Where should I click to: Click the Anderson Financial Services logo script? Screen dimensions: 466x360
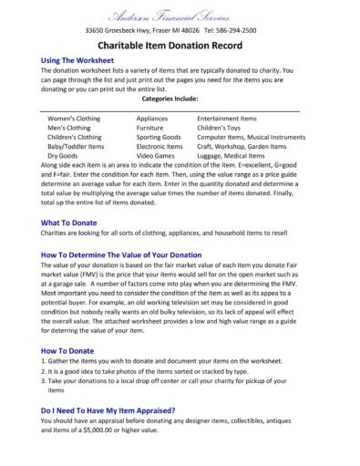pos(180,14)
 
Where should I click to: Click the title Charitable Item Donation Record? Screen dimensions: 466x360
pos(180,47)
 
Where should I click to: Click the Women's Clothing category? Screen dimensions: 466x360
pos(75,119)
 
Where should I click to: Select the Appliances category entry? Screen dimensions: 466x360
pos(152,119)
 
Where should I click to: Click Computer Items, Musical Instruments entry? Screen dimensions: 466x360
pos(254,137)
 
